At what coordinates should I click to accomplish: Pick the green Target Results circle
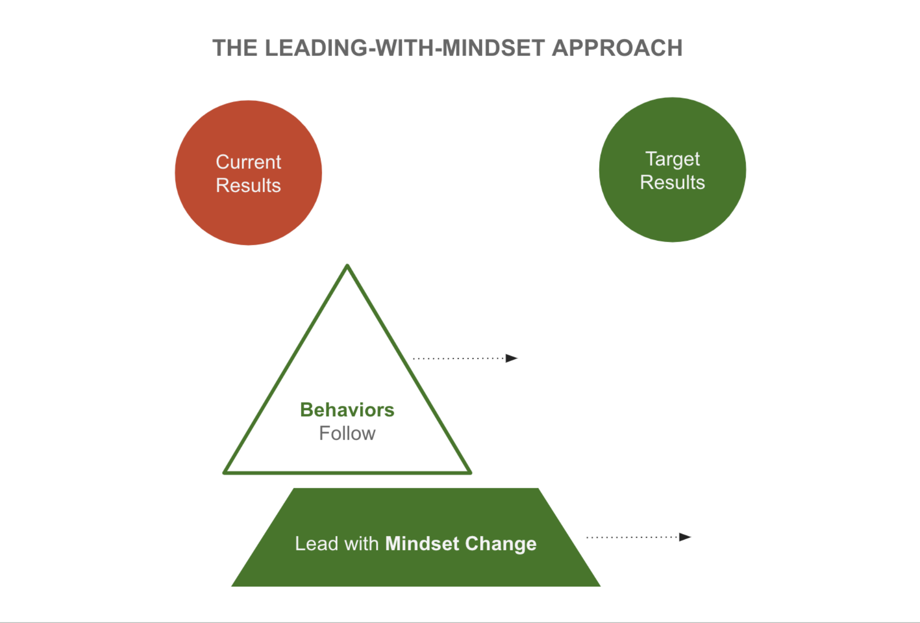[x=672, y=213]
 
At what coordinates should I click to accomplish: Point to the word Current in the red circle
[x=248, y=162]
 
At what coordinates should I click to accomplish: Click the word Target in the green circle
[x=672, y=159]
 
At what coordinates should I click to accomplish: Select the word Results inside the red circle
[x=248, y=186]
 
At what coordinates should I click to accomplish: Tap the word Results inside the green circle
[x=672, y=182]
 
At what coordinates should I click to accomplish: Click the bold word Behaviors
[x=347, y=410]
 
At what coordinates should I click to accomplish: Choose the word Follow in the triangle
[x=347, y=434]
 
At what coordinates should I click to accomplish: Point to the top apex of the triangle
[x=347, y=266]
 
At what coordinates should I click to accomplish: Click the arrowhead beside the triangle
[x=511, y=358]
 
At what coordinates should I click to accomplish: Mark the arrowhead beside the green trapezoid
[x=685, y=537]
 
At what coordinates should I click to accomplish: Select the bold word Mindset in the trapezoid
[x=422, y=544]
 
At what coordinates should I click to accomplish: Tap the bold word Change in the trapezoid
[x=501, y=544]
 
